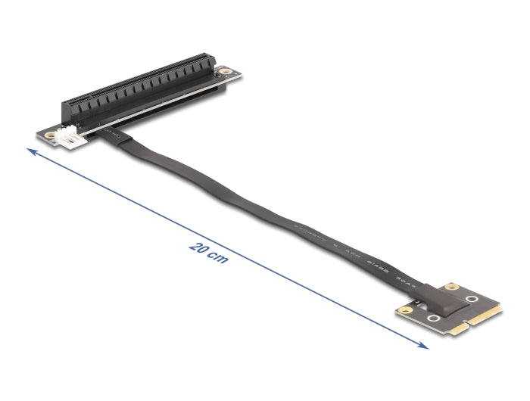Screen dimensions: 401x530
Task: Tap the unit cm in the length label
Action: click(219, 260)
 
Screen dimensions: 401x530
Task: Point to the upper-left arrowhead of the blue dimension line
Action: click(31, 152)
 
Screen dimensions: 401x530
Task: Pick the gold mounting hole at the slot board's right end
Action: click(225, 73)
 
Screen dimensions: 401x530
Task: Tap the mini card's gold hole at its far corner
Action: click(454, 287)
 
